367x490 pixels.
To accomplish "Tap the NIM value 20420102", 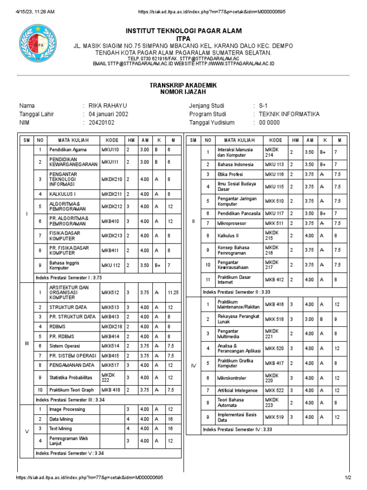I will (101, 122).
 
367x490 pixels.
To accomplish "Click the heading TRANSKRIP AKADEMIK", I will (183, 85).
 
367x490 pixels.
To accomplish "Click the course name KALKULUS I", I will (63, 194).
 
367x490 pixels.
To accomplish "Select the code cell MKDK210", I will (112, 179).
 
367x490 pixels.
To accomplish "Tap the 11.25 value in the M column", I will (173, 292).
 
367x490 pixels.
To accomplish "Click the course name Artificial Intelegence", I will (237, 391).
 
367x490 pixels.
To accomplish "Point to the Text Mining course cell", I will (61, 428).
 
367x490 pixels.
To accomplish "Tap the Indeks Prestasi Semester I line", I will (68, 278).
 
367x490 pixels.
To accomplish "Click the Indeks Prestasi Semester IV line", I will (237, 429).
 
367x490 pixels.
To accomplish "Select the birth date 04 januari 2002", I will (108, 114).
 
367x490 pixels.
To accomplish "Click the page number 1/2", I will (347, 478).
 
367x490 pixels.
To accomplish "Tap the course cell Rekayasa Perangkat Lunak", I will (238, 319).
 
